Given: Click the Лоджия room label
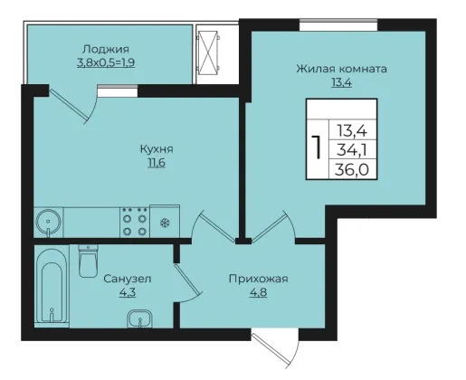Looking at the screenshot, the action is click(106, 49).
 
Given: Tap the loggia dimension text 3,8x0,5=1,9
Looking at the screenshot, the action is click(106, 62).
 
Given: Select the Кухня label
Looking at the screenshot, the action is click(157, 148).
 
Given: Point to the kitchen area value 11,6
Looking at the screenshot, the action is click(157, 163).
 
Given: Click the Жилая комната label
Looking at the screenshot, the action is click(341, 69).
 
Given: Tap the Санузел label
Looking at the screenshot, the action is click(128, 279).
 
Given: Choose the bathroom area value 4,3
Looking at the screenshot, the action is click(128, 292).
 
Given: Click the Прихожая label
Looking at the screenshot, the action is click(259, 279).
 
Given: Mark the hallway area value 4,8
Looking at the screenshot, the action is click(259, 292).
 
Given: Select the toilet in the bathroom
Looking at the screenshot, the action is click(88, 261).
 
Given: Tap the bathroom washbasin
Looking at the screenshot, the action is click(139, 318).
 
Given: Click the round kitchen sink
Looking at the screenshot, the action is click(48, 222).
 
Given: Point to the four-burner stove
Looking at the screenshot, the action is click(135, 222).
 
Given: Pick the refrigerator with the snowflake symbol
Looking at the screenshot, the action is click(165, 222).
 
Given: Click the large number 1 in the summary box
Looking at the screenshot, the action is click(317, 147).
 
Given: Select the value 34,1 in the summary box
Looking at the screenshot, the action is click(352, 150).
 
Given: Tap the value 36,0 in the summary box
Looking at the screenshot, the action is click(352, 169).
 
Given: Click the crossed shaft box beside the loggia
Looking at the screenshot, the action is click(208, 52).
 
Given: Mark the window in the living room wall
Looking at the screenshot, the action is click(338, 24).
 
